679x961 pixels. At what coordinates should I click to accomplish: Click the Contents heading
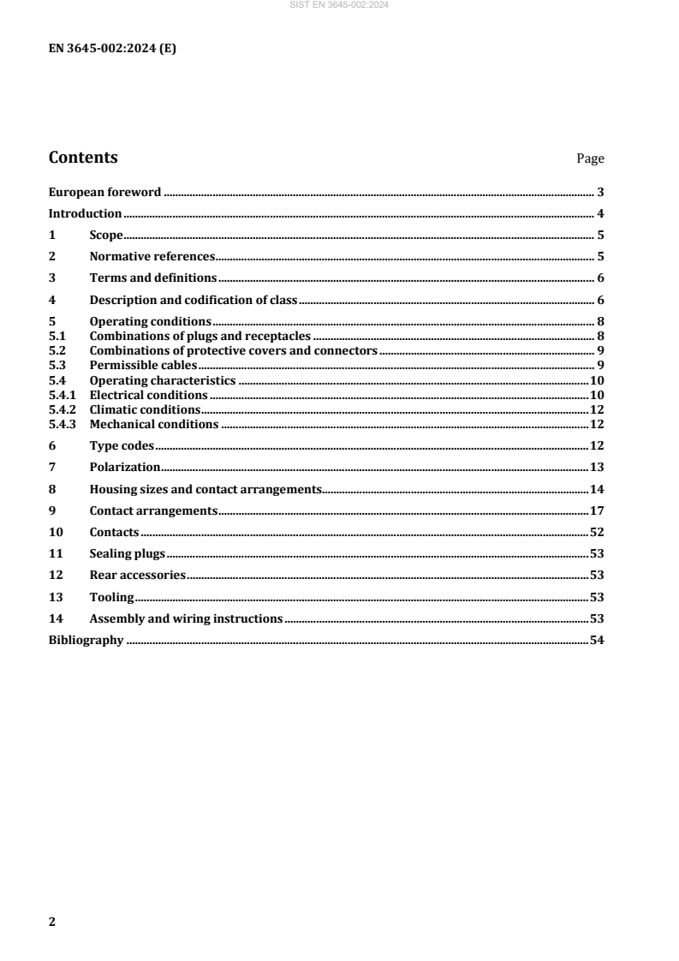(x=83, y=158)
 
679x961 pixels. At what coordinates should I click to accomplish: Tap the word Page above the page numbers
(x=590, y=159)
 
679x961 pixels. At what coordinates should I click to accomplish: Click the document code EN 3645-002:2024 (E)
(x=111, y=48)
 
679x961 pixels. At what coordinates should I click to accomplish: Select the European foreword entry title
(x=104, y=192)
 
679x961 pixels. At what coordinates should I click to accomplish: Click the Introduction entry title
(x=86, y=213)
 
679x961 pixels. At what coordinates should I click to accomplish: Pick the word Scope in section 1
(x=107, y=235)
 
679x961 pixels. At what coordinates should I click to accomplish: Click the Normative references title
(x=152, y=256)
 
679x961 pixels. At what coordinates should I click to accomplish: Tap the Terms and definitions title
(x=153, y=278)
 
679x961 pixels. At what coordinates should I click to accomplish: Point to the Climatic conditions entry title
(x=146, y=409)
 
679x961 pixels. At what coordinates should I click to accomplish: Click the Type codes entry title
(x=122, y=445)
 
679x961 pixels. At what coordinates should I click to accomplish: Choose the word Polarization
(x=125, y=467)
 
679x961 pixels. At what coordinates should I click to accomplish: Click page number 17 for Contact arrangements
(x=597, y=510)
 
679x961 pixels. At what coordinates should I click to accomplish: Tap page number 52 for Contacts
(x=597, y=532)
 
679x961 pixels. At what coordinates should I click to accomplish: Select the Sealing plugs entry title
(x=128, y=553)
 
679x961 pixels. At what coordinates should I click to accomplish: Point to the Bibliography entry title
(x=86, y=640)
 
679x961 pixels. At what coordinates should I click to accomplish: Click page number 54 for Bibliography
(x=597, y=640)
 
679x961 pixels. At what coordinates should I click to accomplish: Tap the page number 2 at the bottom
(x=52, y=922)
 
